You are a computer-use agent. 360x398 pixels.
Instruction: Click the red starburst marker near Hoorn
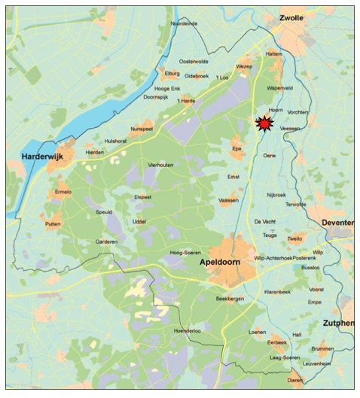tap(264, 124)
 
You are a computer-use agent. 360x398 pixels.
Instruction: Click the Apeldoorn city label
tap(224, 263)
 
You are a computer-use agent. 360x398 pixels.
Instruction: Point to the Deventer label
tap(337, 223)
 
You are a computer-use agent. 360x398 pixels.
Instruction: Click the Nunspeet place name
tap(142, 129)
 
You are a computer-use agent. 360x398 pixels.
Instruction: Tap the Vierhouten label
tap(160, 164)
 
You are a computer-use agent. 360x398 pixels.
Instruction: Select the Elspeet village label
tap(142, 197)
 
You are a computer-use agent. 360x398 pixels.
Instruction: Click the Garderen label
tap(106, 242)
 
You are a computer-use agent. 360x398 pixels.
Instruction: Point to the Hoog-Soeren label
tap(185, 253)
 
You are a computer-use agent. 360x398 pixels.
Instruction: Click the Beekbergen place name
tap(230, 299)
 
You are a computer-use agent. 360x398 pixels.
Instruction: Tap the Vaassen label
tap(228, 200)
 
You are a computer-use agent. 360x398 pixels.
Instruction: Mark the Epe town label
tap(237, 149)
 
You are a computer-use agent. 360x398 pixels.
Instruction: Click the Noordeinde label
tap(184, 24)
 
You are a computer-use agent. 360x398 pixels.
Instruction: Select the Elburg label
tap(172, 73)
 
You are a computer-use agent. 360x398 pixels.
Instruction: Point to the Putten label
tap(53, 224)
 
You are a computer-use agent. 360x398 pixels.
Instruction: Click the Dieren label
tap(294, 381)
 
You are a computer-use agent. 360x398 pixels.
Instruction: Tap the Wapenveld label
tap(278, 87)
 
